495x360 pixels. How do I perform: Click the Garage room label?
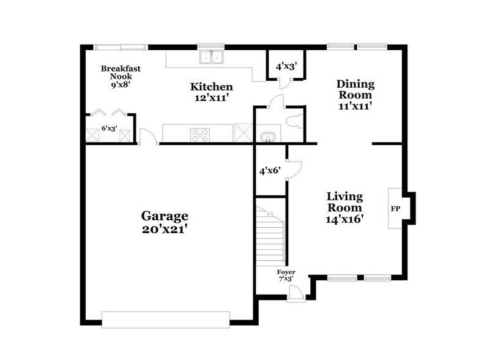tap(165, 216)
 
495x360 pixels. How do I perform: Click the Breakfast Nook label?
tap(121, 73)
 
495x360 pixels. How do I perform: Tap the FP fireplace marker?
tap(395, 209)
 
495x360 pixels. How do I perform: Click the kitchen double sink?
tap(212, 58)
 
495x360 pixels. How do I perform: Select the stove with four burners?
tap(199, 133)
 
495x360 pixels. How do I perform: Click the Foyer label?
tap(286, 271)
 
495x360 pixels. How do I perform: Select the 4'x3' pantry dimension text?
tap(286, 66)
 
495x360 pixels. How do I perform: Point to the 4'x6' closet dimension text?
tap(269, 171)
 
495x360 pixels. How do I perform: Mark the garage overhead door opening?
tap(165, 319)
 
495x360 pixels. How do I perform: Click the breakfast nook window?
tap(120, 46)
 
